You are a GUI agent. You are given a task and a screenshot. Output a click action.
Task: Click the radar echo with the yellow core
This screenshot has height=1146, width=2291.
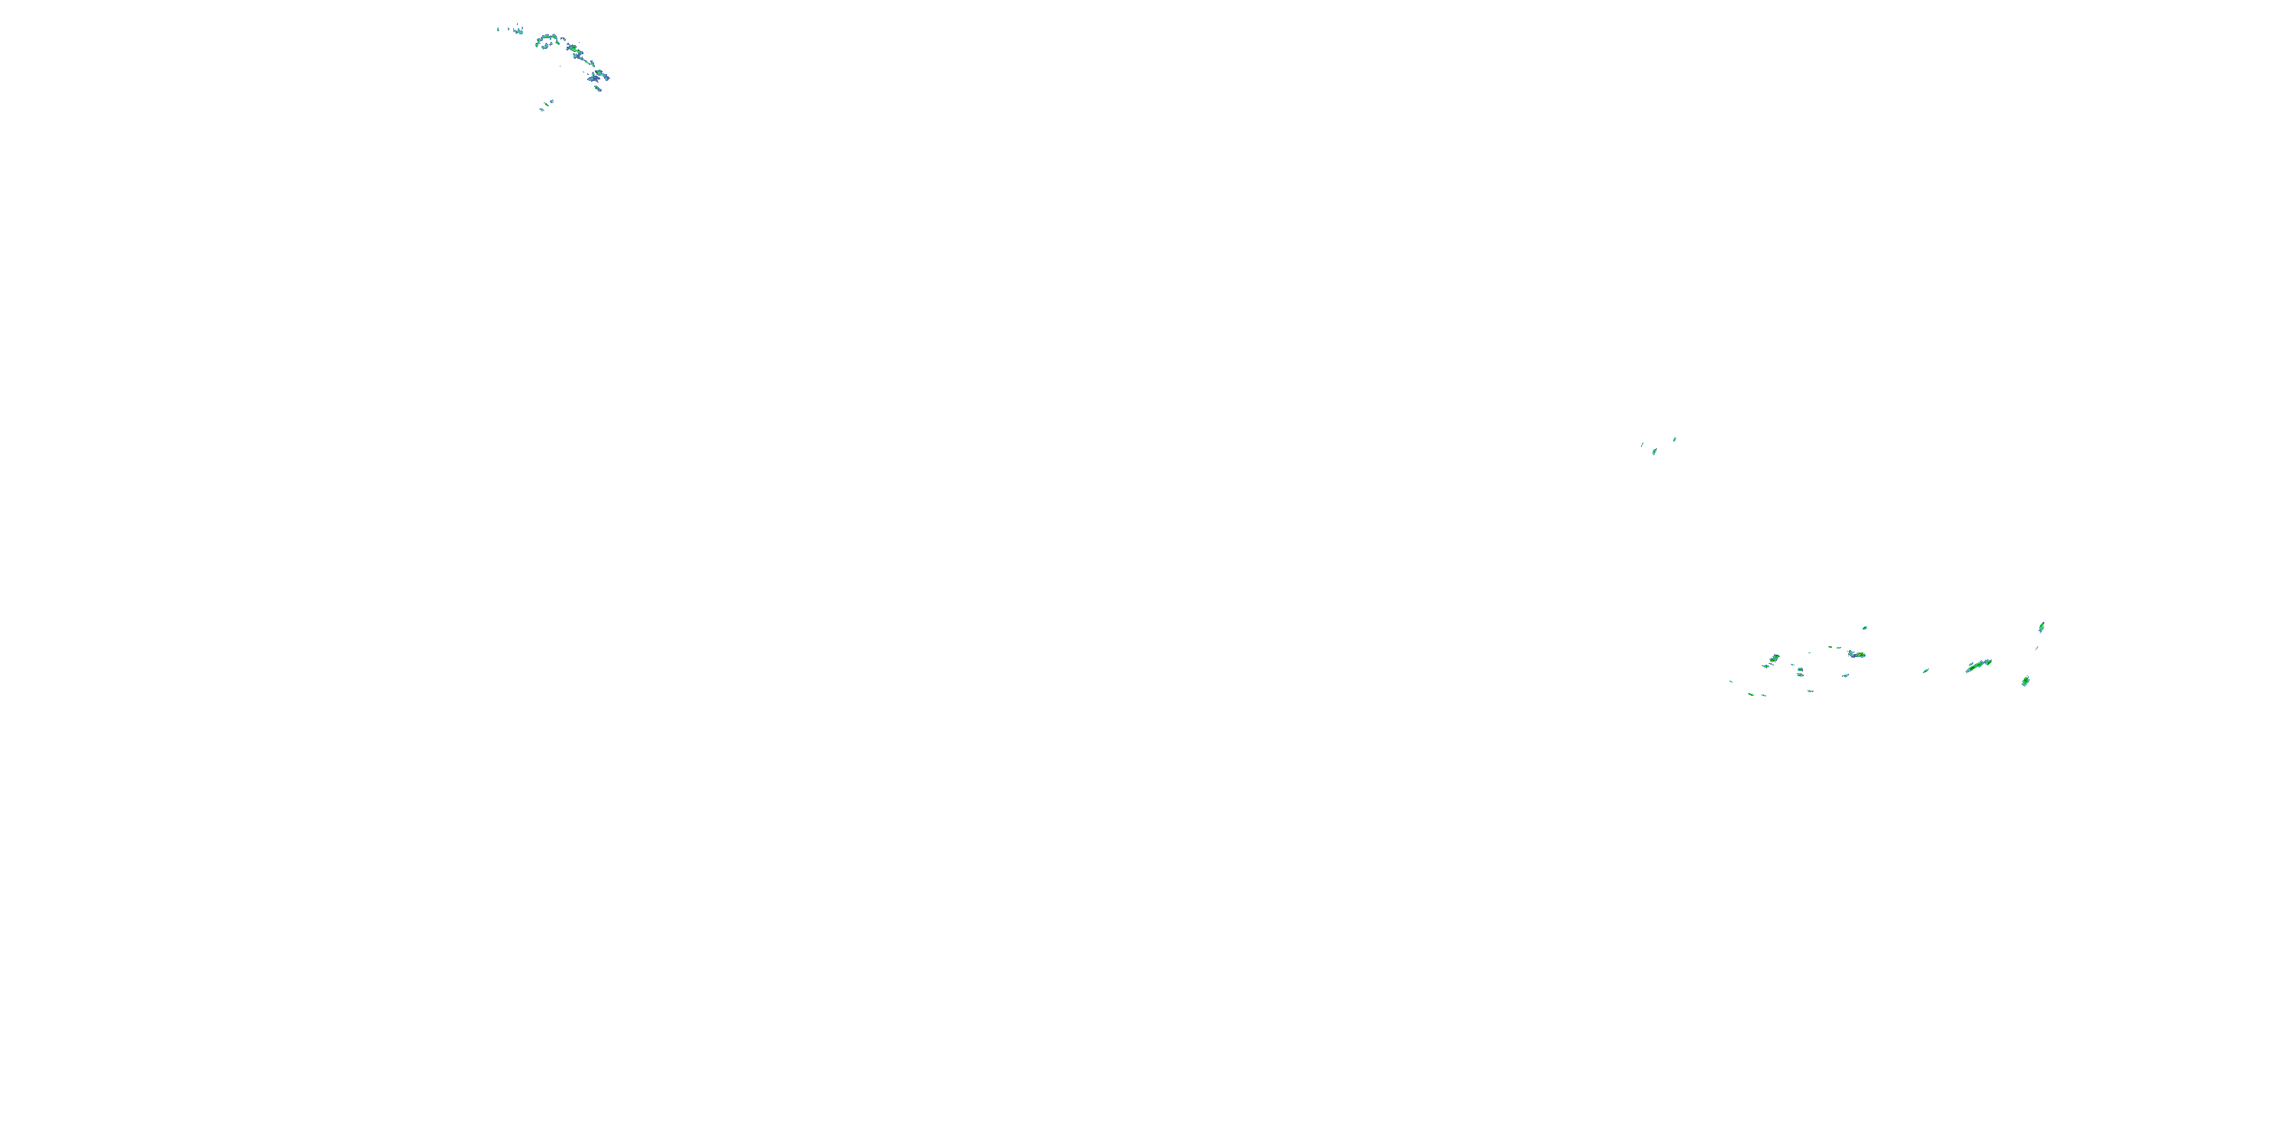1860,655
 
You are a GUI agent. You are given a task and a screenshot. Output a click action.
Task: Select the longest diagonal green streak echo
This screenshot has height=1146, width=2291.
1976,666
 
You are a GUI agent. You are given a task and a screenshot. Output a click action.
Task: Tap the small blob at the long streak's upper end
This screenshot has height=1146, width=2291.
1989,662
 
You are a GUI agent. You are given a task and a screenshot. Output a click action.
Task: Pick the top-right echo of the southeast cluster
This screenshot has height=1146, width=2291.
2041,627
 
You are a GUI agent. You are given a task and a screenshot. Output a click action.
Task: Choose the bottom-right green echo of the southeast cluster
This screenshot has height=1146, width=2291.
2026,681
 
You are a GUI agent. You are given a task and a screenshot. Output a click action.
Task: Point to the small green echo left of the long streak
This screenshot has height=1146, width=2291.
1927,671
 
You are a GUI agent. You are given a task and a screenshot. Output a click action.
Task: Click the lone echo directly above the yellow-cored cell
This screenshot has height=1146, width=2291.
1865,628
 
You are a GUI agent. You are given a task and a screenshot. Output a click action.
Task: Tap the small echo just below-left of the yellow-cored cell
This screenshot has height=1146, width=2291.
1846,675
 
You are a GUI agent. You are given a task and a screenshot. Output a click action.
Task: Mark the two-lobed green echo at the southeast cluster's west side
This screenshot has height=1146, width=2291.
1776,659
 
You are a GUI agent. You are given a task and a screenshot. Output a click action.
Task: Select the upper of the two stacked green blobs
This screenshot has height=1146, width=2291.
1800,670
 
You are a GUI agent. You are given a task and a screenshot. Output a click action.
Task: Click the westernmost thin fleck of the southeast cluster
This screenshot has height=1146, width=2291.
1730,681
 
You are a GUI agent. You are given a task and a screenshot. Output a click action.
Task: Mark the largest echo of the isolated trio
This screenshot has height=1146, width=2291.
1654,451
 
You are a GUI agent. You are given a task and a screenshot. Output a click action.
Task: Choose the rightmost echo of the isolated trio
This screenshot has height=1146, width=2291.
1675,439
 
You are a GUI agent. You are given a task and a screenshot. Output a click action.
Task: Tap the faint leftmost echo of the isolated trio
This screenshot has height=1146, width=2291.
1643,444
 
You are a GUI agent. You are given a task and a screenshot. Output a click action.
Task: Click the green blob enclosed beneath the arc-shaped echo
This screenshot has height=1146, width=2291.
545,47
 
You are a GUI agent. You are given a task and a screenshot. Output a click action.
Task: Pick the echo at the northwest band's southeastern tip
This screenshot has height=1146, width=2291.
599,89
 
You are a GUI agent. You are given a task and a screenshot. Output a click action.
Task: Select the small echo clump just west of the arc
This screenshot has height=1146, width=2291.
519,32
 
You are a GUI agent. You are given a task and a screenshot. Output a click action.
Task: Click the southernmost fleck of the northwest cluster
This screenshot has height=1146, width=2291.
542,110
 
